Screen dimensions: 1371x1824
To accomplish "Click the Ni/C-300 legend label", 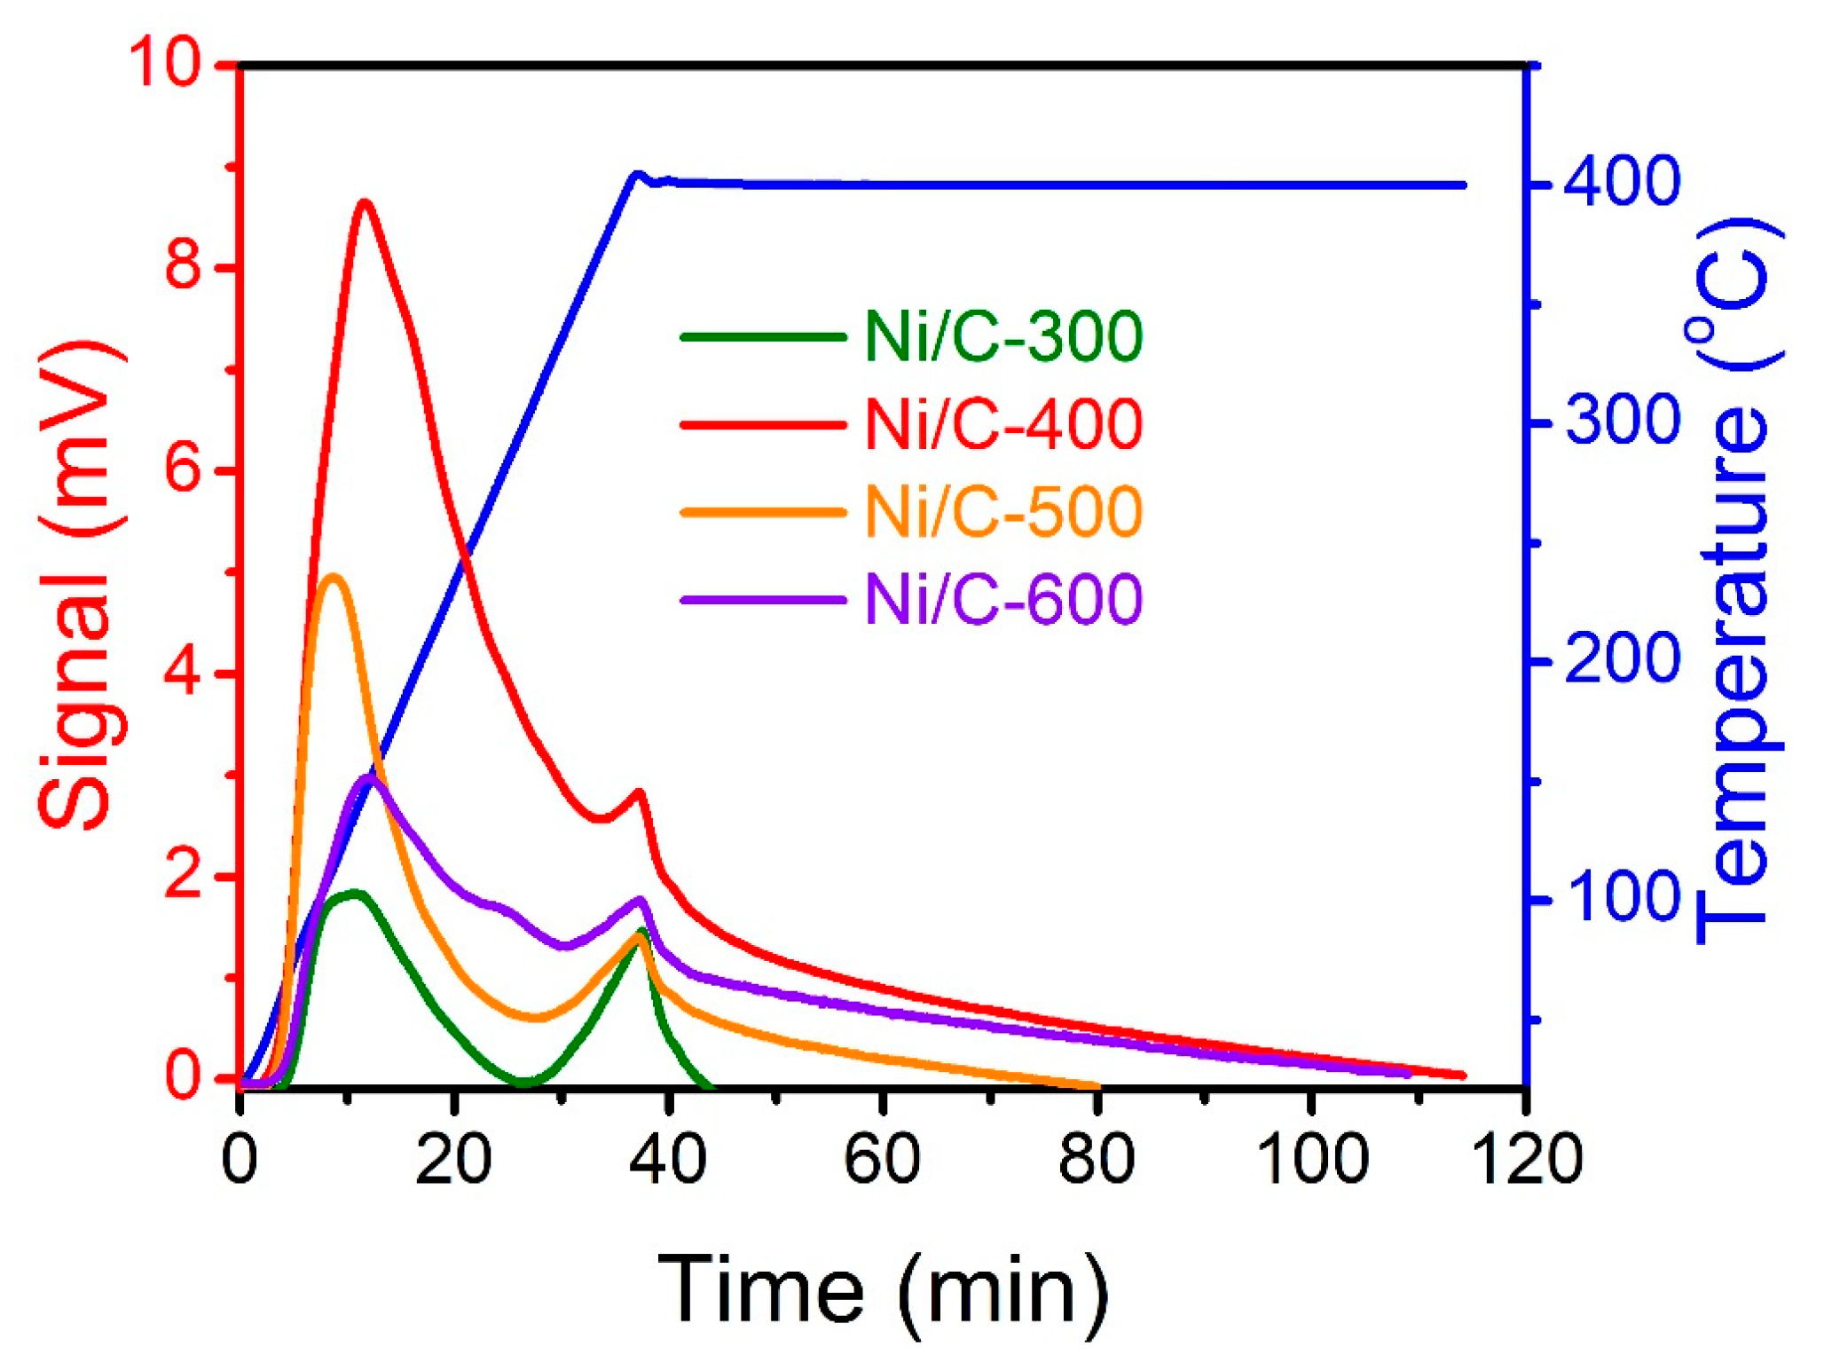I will pos(1003,336).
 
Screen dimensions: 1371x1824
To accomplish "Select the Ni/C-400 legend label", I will pos(1003,424).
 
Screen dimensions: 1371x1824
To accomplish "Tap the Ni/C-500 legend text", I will pos(1003,511).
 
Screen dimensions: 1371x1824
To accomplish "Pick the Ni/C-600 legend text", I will pos(1003,599).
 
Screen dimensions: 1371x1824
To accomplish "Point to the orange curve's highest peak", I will pos(334,577).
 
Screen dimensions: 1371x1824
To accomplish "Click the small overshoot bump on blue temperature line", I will pos(636,175).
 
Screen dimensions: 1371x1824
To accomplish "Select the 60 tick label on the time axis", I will pos(882,1158).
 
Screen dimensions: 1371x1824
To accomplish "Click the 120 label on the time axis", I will pos(1527,1158).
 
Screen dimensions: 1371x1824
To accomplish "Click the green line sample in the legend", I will pos(763,337).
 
